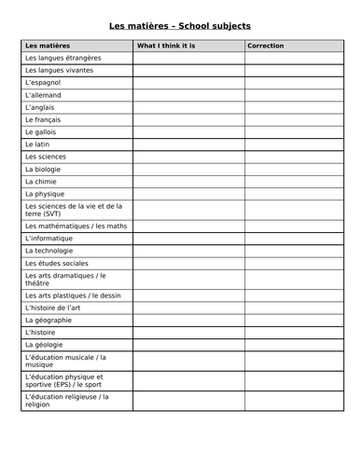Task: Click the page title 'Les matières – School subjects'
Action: pos(180,25)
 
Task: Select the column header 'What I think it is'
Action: pos(166,46)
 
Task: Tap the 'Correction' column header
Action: pos(266,46)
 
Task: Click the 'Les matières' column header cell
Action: pos(48,46)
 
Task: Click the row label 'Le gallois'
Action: pos(43,132)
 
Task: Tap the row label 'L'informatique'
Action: pos(50,239)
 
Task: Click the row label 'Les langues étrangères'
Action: pos(63,58)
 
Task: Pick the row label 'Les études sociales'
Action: pos(58,263)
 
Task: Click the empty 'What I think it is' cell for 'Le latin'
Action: pos(188,144)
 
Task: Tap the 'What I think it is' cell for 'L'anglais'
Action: pos(188,107)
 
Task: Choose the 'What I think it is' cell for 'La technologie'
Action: pos(188,251)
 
